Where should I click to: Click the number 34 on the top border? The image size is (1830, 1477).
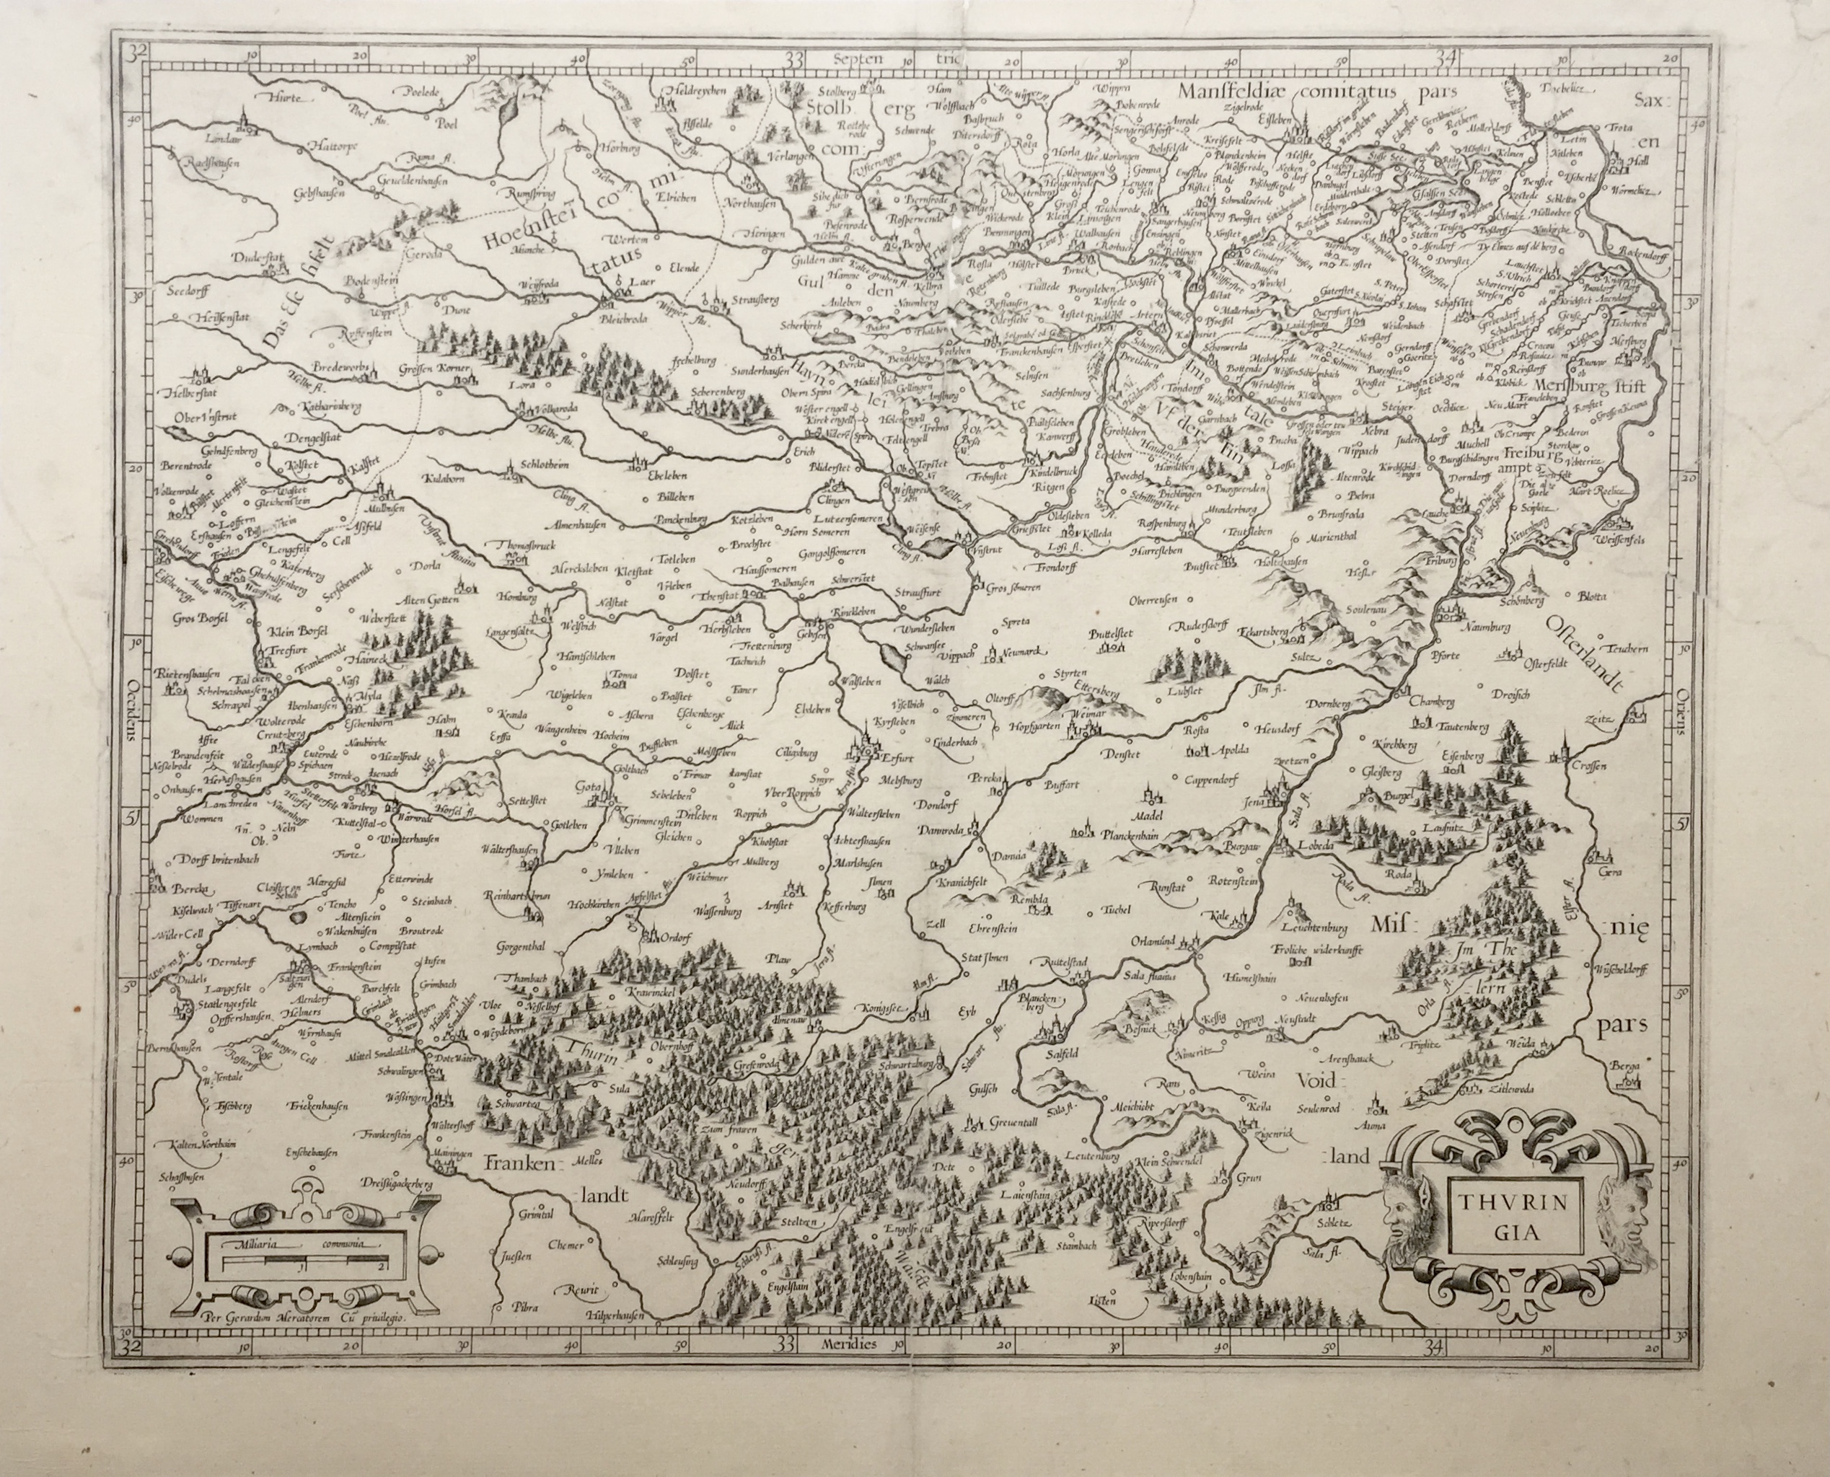click(1447, 58)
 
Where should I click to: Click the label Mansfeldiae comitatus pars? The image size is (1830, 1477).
click(1319, 90)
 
